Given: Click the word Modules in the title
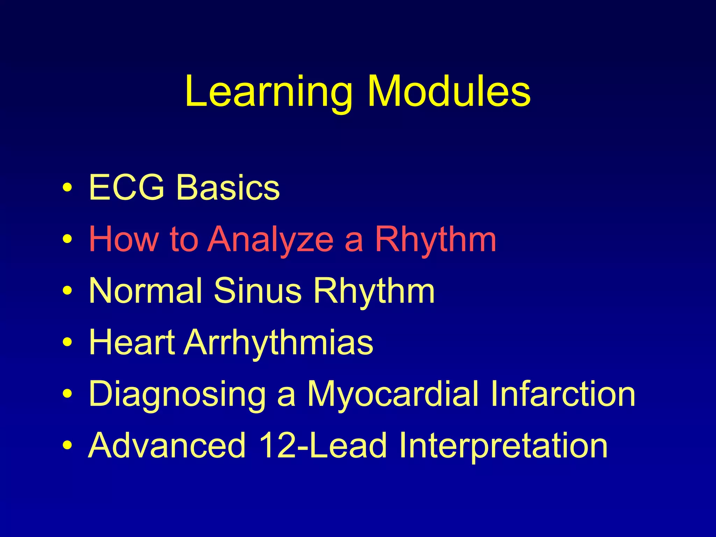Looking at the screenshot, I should (449, 92).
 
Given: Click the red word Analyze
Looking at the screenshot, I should (271, 239).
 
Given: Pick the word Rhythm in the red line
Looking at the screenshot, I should (436, 239).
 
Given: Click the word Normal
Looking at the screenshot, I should (145, 291).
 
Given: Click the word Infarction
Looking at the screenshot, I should (563, 394).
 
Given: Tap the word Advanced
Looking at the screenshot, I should (167, 445).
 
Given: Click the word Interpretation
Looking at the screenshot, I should (503, 445).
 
